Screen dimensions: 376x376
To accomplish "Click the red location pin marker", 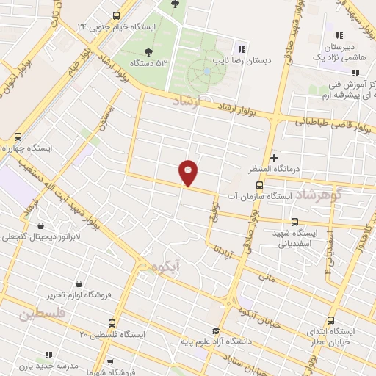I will [189, 172].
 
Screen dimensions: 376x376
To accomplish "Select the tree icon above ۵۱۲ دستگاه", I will [150, 51].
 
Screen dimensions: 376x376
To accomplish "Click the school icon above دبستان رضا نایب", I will [243, 49].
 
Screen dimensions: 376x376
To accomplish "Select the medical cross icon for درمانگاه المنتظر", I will [275, 157].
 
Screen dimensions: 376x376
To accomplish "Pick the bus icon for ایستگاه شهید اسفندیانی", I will [295, 221].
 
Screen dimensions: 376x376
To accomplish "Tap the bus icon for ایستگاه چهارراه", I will [18, 137].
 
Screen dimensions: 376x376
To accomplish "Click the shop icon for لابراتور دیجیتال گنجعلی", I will [38, 225].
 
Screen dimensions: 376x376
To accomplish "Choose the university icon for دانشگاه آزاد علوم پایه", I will [215, 330].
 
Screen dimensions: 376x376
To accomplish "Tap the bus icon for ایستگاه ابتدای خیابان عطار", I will [330, 320].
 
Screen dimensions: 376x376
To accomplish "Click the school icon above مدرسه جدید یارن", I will [48, 355].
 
